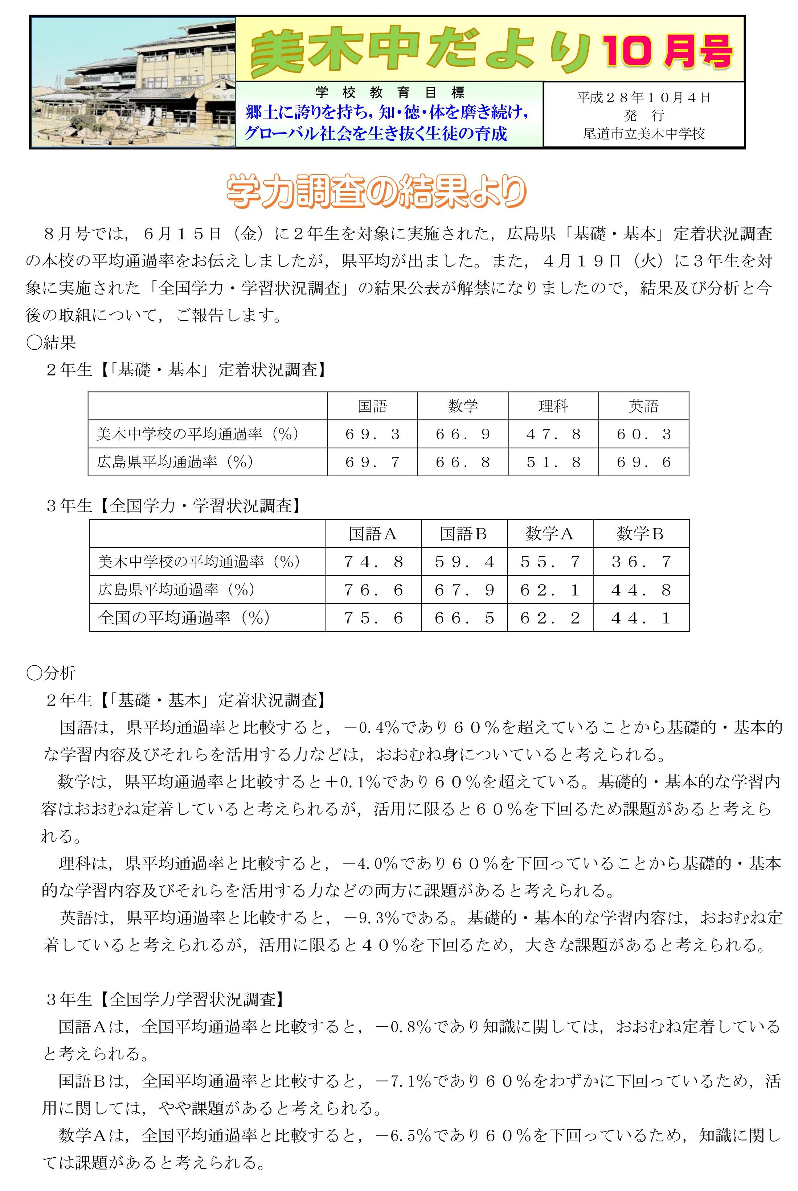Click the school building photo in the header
coord(133,82)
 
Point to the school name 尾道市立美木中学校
coord(644,134)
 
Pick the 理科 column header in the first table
coord(553,406)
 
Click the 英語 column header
coord(643,406)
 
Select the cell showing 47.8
coord(553,434)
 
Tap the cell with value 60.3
coord(643,434)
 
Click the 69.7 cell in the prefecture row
coord(373,462)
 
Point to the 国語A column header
coord(373,534)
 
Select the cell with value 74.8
coord(373,562)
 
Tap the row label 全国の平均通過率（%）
coord(184,618)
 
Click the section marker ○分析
coord(51,673)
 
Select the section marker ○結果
coord(51,342)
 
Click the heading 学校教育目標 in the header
coord(389,93)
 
